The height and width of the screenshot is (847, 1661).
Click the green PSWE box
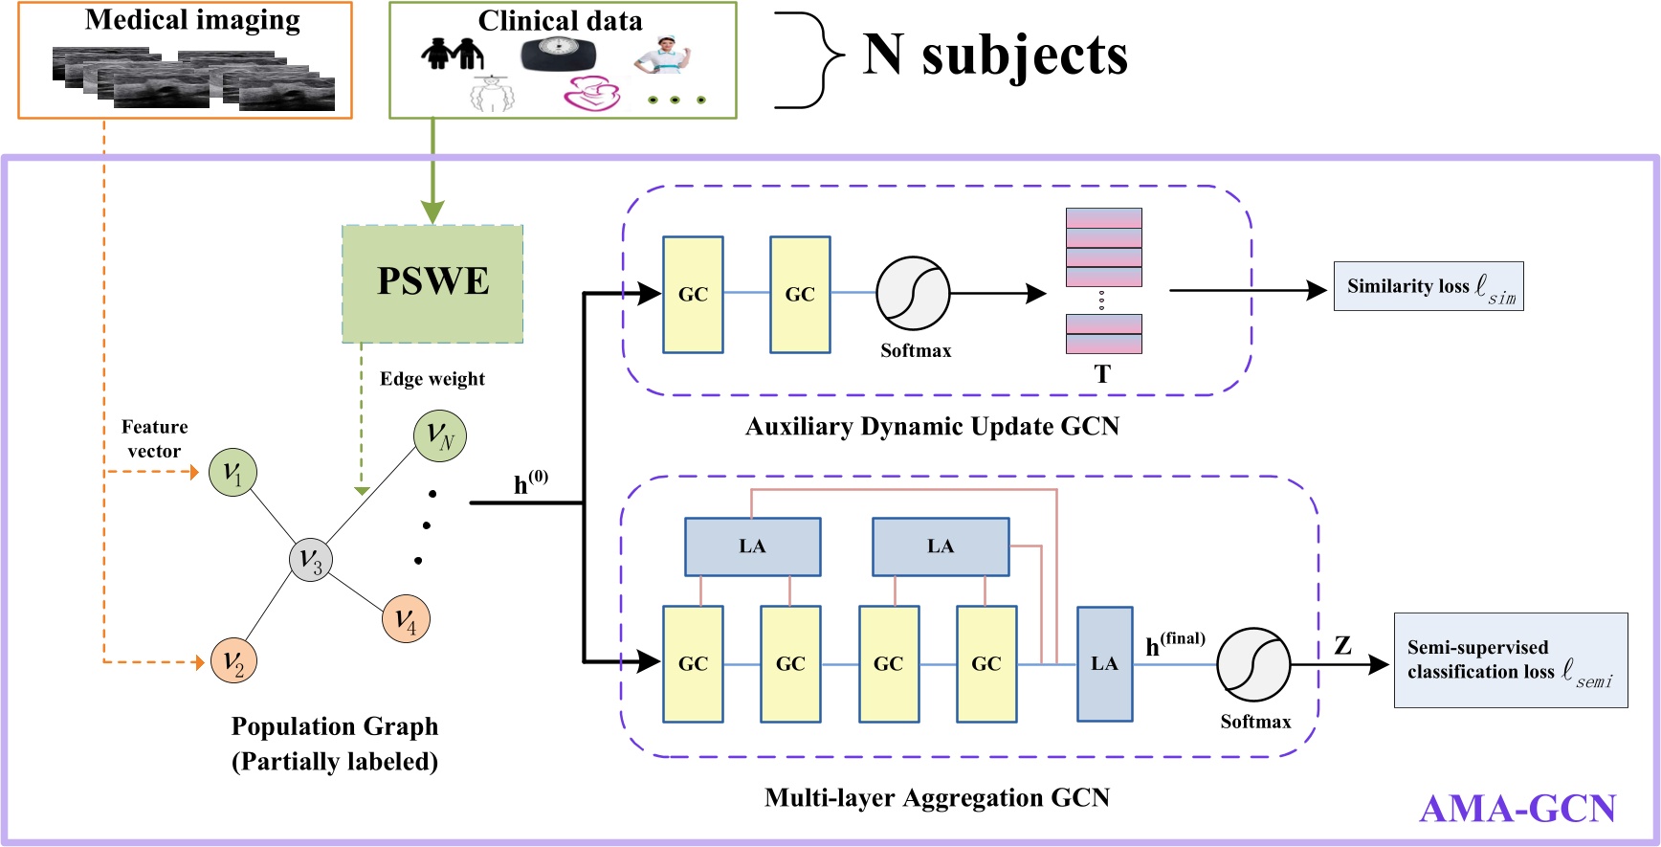432,283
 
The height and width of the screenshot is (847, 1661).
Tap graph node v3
310,560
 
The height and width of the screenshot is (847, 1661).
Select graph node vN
440,435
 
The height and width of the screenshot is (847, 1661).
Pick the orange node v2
233,660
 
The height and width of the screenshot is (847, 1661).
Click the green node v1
233,472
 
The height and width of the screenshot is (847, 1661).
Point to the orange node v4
406,619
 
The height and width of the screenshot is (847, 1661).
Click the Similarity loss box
1428,286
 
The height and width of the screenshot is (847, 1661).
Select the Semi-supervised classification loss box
1510,660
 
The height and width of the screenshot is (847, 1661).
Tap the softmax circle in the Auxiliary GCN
913,293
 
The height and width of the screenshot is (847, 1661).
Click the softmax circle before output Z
1253,664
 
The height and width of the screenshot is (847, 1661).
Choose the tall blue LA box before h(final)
1104,663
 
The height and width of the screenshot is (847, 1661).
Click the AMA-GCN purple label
1517,809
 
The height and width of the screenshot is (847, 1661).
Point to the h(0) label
530,482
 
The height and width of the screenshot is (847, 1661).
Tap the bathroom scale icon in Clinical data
558,55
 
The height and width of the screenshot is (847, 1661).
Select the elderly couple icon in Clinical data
452,54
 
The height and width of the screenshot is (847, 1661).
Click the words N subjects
995,55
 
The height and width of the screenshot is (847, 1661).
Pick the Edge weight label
432,379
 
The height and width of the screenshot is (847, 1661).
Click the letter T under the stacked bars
1102,374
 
